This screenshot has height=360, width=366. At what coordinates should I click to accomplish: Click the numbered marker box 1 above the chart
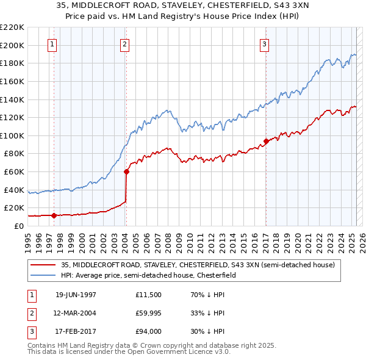(x=52, y=44)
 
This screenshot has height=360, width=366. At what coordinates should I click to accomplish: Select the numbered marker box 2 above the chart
(x=124, y=44)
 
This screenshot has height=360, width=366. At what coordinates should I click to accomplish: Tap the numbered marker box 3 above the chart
(x=265, y=44)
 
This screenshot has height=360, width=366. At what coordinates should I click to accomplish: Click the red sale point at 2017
(x=266, y=141)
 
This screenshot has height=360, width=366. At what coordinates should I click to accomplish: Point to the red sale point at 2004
(x=126, y=171)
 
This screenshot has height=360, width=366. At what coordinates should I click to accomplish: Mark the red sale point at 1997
(x=54, y=215)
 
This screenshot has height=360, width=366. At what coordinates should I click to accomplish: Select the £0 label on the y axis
(x=18, y=226)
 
